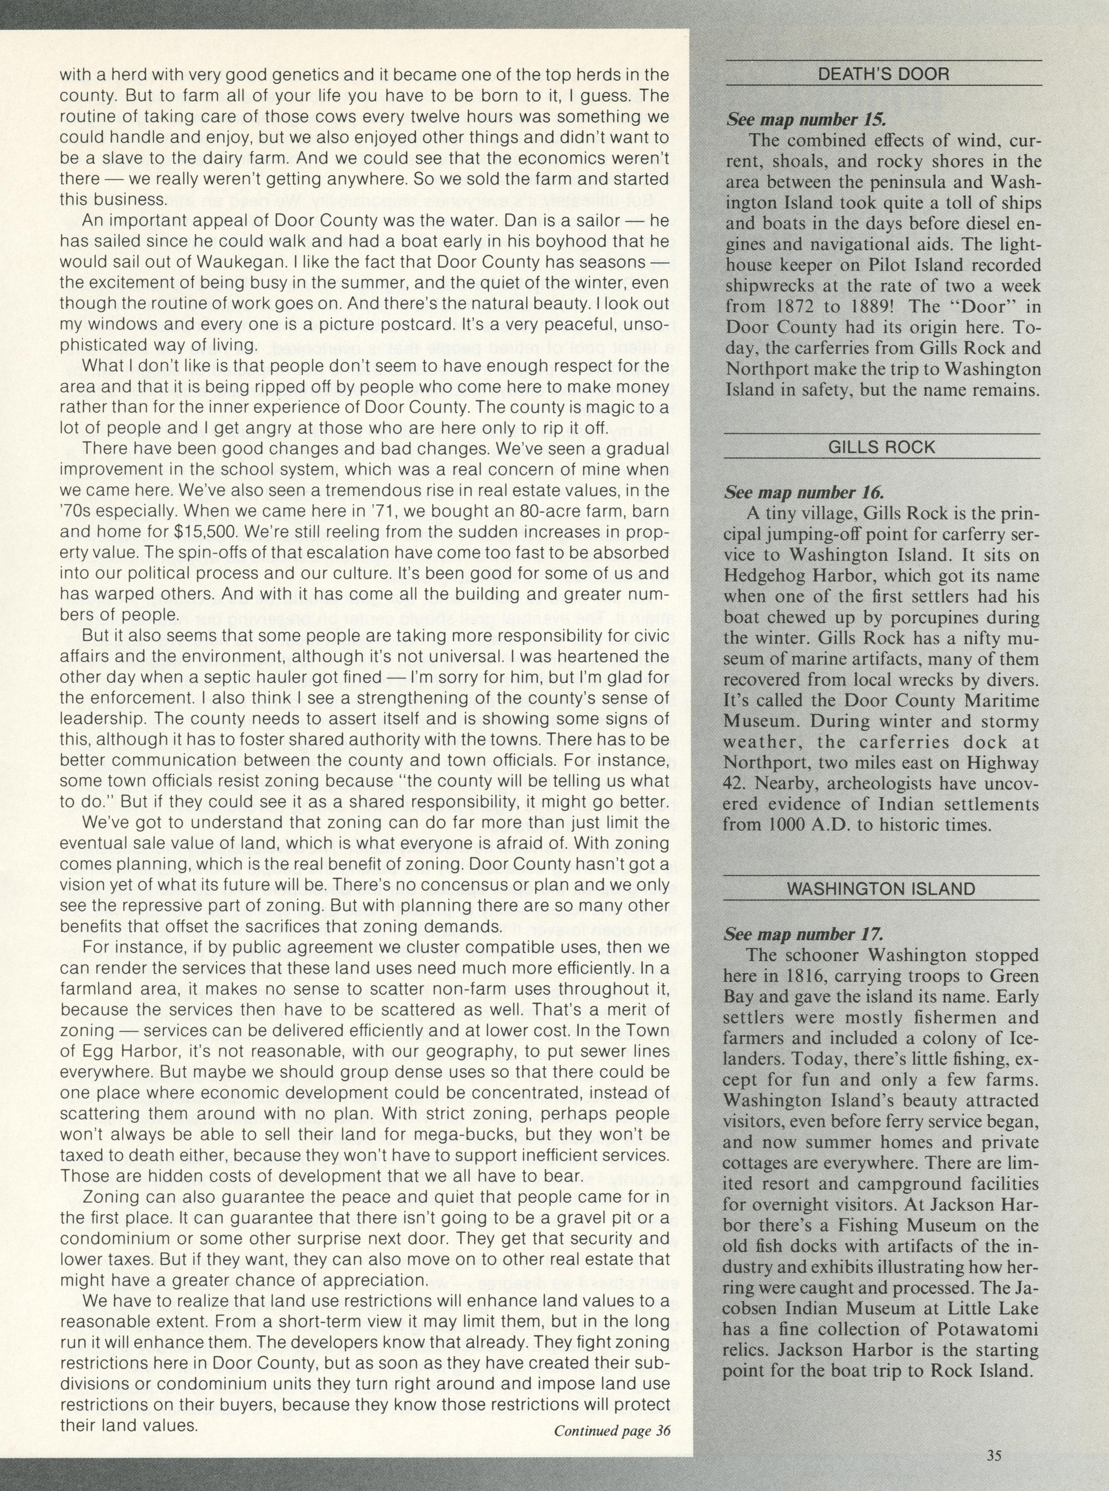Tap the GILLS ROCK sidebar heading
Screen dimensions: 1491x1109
click(883, 448)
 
